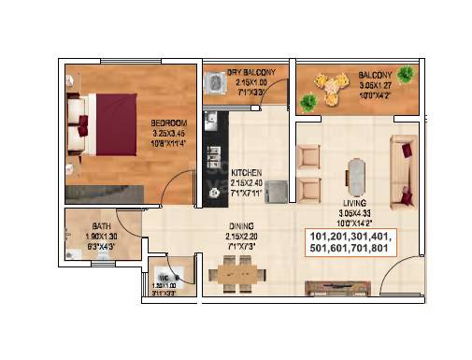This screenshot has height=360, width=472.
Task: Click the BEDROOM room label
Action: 169,122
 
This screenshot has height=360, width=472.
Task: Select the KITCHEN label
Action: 247,172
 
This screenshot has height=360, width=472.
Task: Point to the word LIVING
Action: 353,202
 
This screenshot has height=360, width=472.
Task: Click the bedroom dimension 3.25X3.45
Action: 169,133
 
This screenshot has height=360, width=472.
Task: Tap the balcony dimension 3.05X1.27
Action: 377,82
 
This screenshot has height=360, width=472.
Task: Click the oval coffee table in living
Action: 353,173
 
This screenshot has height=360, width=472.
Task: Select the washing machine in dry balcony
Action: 215,83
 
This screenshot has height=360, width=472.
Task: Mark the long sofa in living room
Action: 406,169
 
